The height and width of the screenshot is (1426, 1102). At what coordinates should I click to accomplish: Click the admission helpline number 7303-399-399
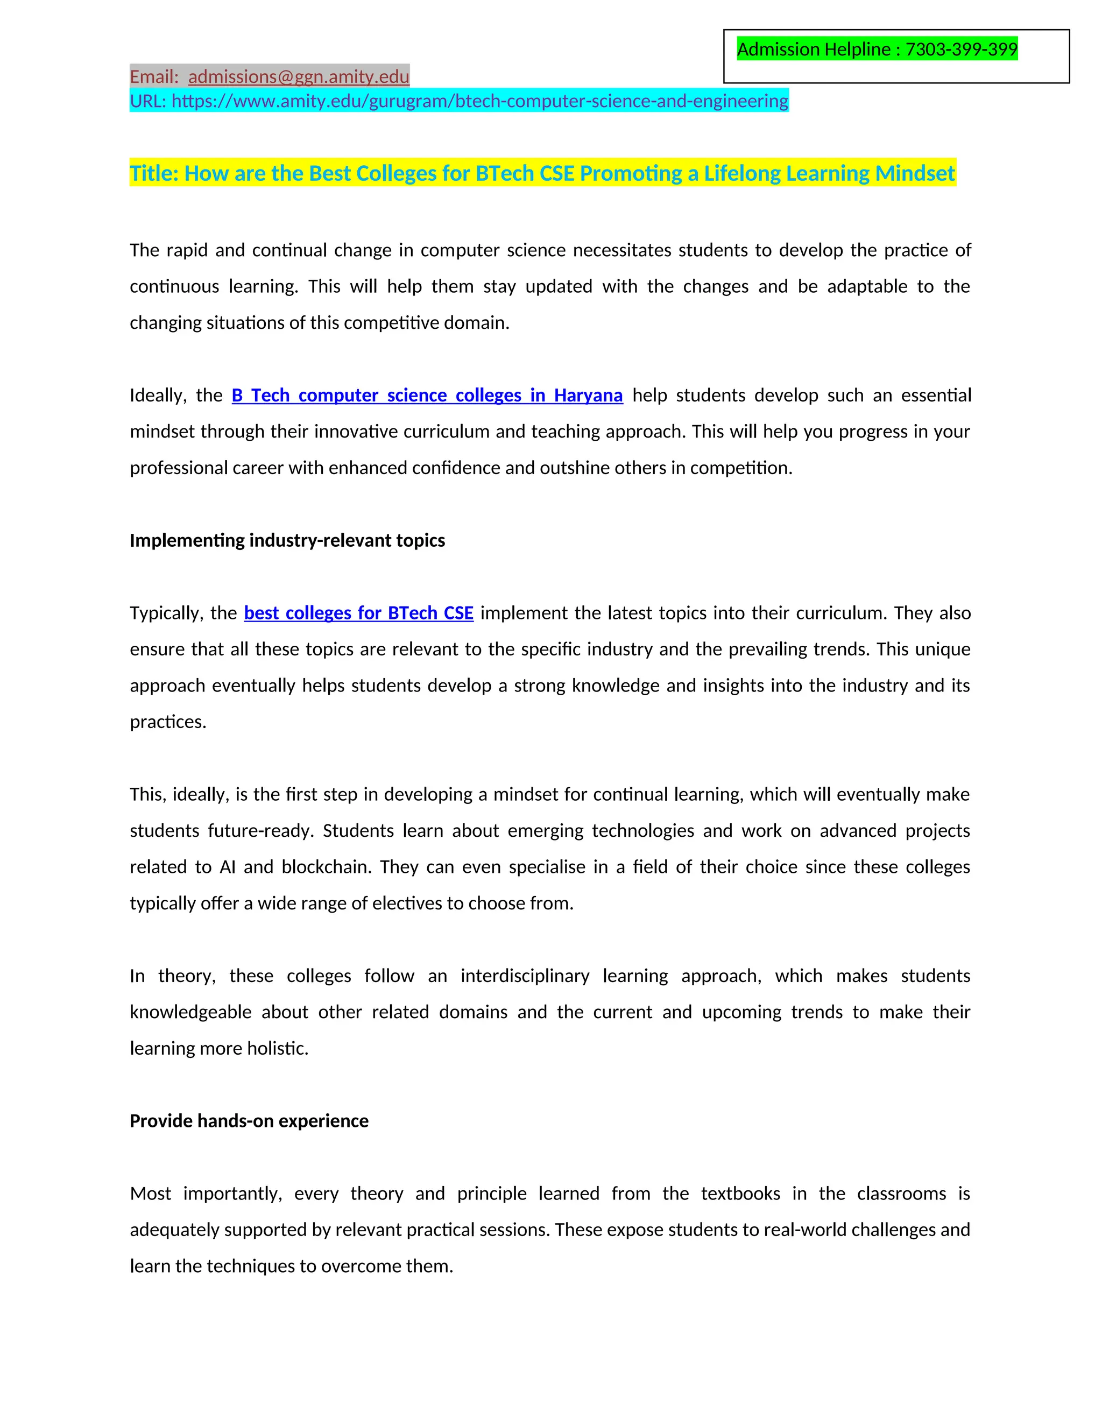[961, 50]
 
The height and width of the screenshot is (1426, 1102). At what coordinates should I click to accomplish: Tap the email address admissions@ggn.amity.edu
[298, 77]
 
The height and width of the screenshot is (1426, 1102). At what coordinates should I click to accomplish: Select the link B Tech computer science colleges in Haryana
[427, 396]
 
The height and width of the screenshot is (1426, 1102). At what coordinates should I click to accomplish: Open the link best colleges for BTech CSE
[358, 613]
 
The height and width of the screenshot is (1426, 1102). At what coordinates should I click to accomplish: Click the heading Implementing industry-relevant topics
[287, 541]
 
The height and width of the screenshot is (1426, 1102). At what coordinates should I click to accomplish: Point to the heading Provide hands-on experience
[249, 1121]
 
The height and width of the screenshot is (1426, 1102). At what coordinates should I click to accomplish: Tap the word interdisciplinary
[525, 976]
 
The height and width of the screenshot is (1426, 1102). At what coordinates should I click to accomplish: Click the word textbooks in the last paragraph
[740, 1194]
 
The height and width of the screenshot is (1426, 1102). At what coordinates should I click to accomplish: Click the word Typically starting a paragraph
[166, 613]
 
